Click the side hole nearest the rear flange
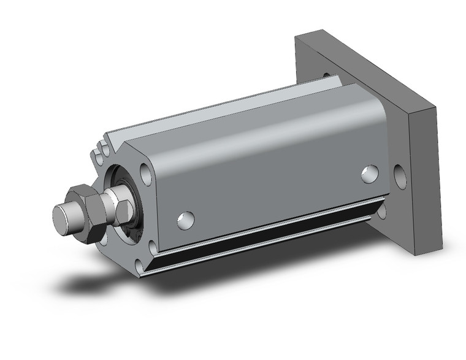(x=369, y=174)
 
